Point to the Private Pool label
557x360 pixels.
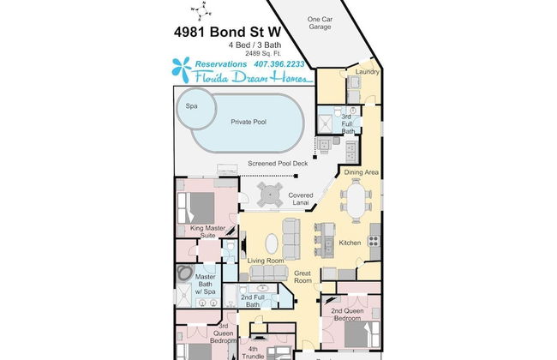pos(249,123)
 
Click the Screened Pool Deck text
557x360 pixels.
pos(277,163)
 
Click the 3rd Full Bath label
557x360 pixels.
pos(346,120)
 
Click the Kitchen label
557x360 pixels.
pos(350,243)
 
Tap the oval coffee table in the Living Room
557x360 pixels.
pos(272,243)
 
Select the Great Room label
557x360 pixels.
pos(302,276)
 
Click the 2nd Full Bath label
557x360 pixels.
pos(251,300)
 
